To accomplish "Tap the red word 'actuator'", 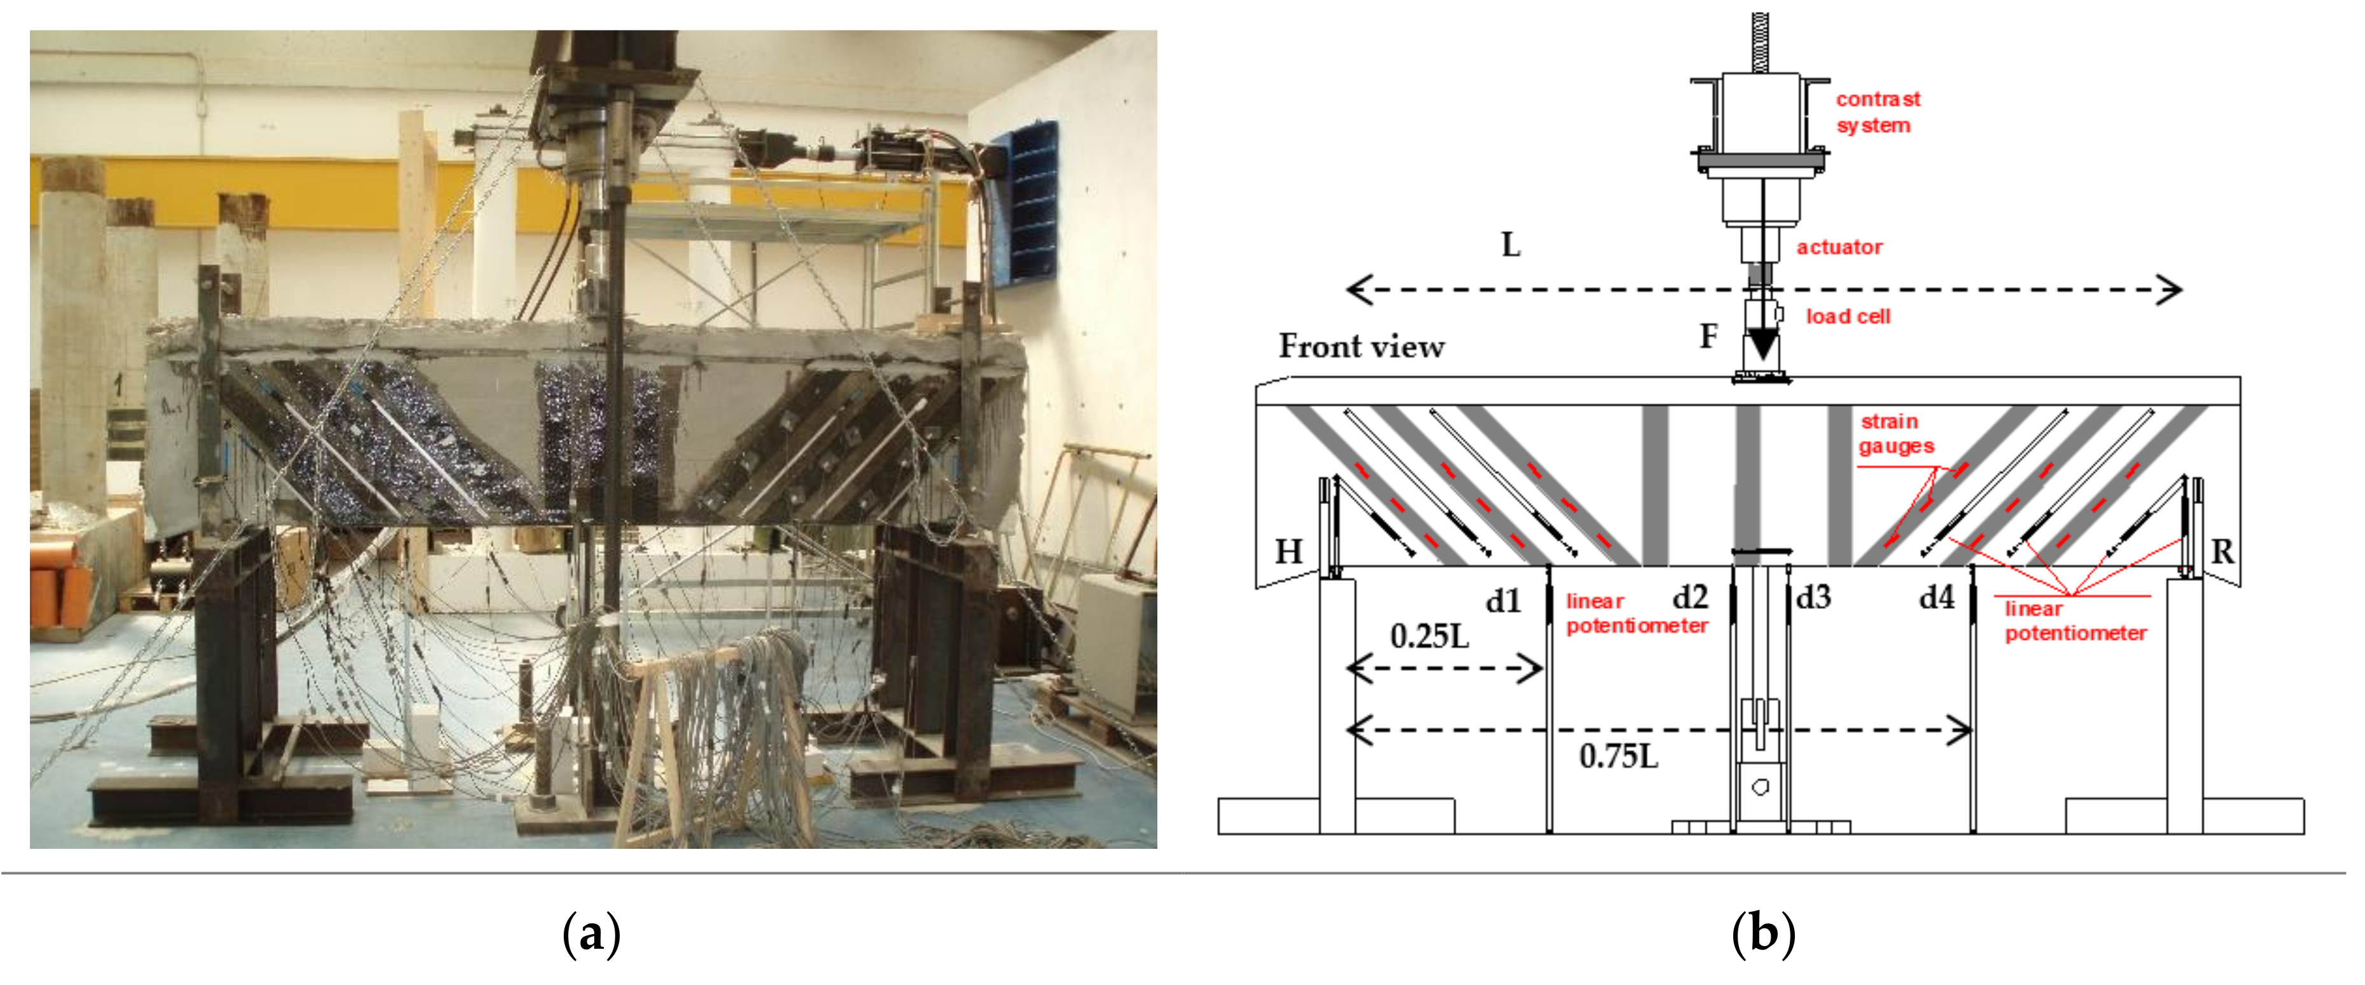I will click(x=1839, y=247).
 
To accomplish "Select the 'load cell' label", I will click(x=1847, y=317).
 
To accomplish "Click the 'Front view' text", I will click(x=1362, y=346).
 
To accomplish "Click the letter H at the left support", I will click(x=1289, y=551).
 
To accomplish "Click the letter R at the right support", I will click(x=2222, y=552).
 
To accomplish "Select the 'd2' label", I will click(x=1690, y=597).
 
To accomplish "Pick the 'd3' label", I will click(x=1814, y=597).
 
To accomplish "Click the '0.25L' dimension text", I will click(x=1430, y=636).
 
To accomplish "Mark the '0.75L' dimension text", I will click(x=1619, y=757).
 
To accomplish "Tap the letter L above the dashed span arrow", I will click(x=1510, y=245).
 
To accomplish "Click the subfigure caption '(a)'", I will click(x=590, y=935).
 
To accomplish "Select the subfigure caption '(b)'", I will click(x=1762, y=935).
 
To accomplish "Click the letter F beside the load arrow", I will click(x=1708, y=336).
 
